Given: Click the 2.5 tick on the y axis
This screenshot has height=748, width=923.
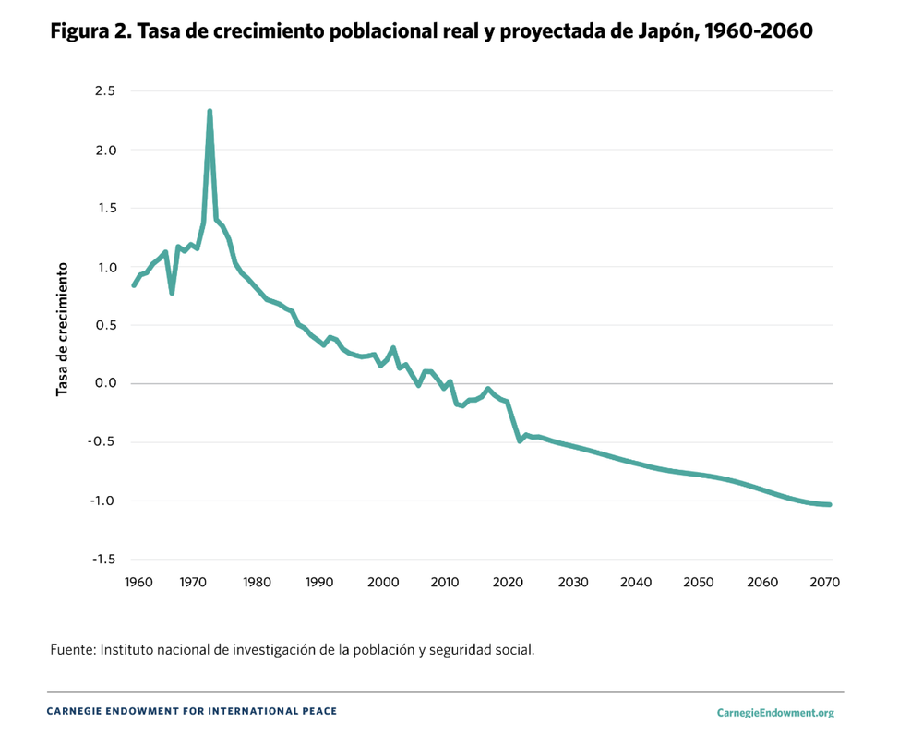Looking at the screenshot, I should click(x=104, y=90).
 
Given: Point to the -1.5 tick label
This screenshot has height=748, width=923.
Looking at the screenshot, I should click(x=102, y=560).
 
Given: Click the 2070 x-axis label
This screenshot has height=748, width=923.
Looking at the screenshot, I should click(x=824, y=583).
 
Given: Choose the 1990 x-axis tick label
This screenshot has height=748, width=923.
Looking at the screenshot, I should click(x=319, y=583).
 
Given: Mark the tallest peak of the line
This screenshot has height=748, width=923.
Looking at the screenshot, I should click(x=210, y=112).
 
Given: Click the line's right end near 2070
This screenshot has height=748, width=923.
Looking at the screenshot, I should click(x=830, y=504).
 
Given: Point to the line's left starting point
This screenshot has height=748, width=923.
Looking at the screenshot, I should click(x=134, y=285).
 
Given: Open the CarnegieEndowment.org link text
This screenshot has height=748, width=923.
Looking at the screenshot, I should click(x=774, y=713).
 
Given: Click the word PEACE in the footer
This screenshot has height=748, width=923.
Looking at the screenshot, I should click(x=319, y=712).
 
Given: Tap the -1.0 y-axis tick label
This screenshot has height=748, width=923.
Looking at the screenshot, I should click(x=102, y=501).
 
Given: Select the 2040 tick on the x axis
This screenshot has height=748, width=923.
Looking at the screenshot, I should click(x=636, y=583).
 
